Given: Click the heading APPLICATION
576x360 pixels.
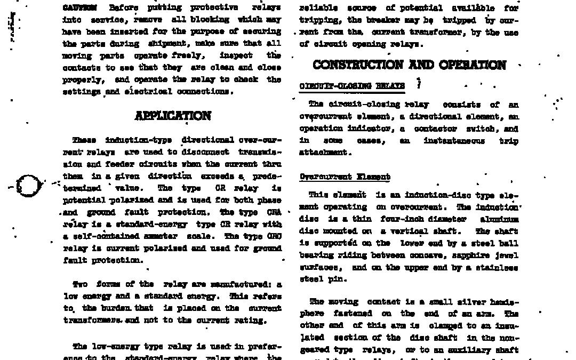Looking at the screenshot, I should coord(173,116).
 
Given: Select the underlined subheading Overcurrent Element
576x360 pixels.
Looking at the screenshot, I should coord(345,177).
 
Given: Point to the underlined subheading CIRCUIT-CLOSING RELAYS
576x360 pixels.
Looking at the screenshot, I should coord(352,86).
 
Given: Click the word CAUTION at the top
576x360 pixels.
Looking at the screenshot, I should coord(79,8).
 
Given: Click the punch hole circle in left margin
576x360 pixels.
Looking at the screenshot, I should coord(29,186).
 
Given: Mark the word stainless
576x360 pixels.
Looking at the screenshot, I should coord(499,267).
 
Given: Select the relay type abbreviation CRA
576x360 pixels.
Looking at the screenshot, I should coord(274,212).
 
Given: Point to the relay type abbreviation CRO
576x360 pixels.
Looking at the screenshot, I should coord(274,236).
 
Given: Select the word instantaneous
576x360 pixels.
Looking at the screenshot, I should coord(454,141).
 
